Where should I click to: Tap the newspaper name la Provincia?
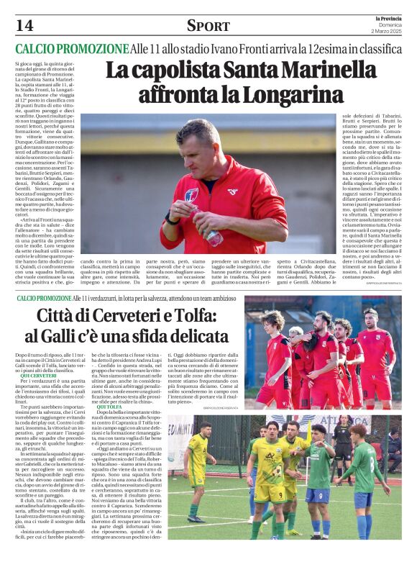tap(388, 18)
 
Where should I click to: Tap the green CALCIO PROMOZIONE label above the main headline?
tap(72, 49)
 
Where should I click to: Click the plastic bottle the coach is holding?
tap(213, 238)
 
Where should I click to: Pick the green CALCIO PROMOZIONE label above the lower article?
tap(44, 298)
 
